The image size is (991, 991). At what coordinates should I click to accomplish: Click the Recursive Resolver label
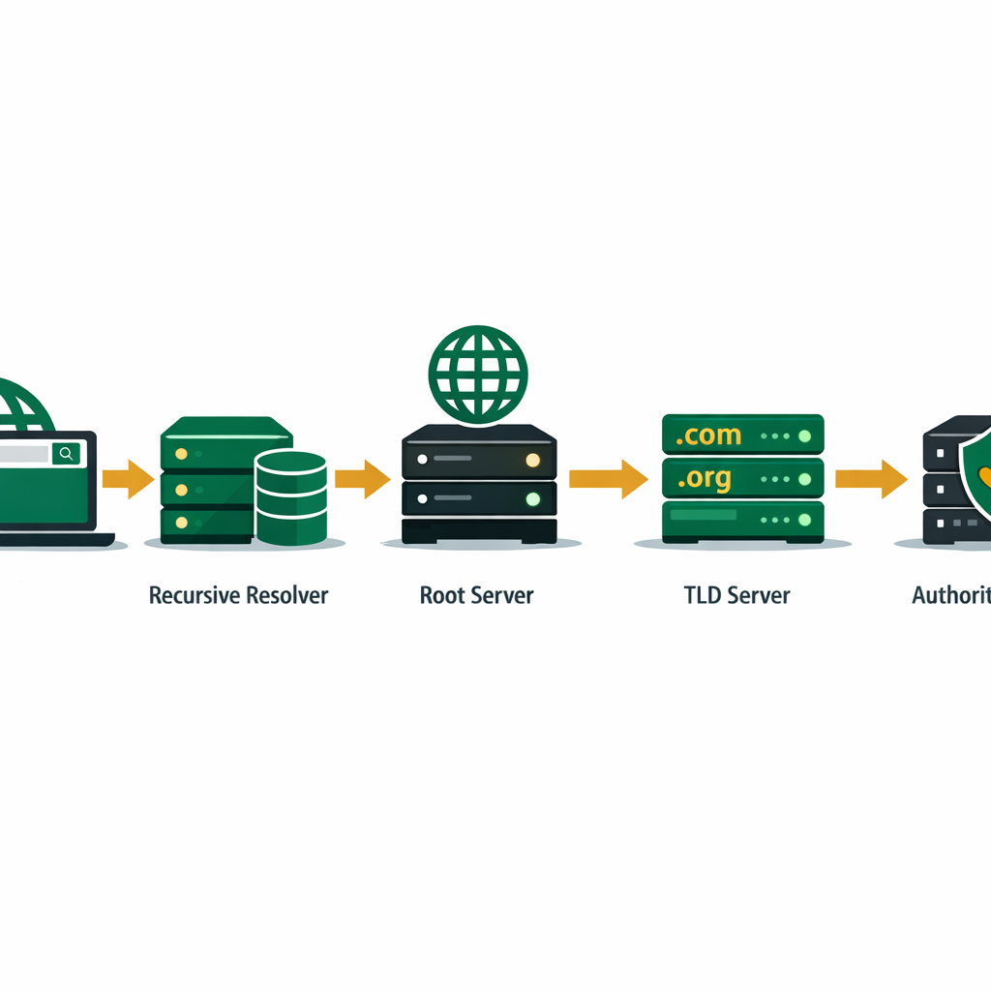(238, 594)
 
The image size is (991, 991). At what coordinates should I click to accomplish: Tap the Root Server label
(476, 594)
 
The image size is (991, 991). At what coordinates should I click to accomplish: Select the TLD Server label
(736, 594)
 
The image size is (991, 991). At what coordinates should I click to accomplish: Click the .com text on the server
(709, 435)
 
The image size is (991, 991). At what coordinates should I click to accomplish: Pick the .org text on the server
(706, 478)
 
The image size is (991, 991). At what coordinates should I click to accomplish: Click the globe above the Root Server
(478, 374)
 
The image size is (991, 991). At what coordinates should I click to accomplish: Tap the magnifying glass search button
(66, 453)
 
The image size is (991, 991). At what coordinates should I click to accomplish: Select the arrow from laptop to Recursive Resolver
(128, 478)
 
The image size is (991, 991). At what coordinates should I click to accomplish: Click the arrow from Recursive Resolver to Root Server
(362, 478)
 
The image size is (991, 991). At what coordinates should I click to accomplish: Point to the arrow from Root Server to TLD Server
(608, 478)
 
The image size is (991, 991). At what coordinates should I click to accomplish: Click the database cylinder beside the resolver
(290, 497)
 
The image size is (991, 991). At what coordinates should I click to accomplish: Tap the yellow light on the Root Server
(532, 460)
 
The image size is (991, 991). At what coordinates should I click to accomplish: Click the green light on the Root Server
(532, 500)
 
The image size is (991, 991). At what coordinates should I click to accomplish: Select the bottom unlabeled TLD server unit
(742, 520)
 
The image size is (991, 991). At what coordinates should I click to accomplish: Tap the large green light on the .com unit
(804, 436)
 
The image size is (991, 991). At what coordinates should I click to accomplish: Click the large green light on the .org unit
(804, 478)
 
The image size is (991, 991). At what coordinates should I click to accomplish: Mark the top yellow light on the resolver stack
(180, 453)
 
